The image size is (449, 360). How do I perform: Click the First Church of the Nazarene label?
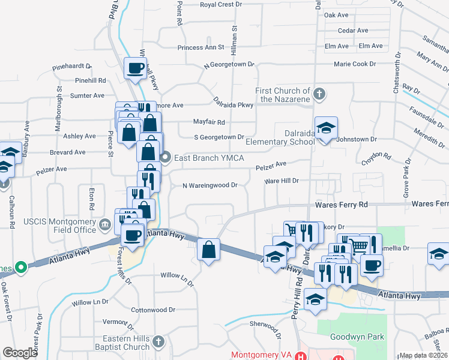(282, 95)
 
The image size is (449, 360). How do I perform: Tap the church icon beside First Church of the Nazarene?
(320, 94)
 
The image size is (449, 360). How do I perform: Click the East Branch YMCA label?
(203, 158)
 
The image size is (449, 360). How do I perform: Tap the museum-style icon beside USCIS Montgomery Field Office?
(106, 226)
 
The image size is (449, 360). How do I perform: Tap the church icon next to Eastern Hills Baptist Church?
(158, 342)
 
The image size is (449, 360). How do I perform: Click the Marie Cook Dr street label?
(355, 63)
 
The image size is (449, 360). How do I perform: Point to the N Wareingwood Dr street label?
(211, 185)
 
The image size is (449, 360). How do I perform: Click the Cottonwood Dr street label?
(153, 310)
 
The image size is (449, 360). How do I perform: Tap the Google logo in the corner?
(20, 353)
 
